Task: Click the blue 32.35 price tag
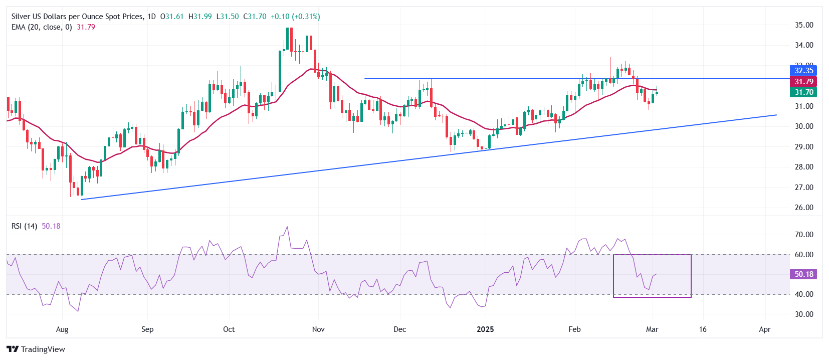[x=803, y=71]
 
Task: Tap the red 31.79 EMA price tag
[x=803, y=82]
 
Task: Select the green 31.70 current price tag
[x=803, y=92]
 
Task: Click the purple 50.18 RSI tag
[x=803, y=274]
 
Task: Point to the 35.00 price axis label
[x=804, y=25]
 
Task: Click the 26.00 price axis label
[x=804, y=208]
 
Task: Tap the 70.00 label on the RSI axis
[x=804, y=235]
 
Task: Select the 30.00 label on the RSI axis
[x=804, y=314]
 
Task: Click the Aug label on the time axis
[x=62, y=329]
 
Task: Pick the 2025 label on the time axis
[x=485, y=329]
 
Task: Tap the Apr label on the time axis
[x=765, y=329]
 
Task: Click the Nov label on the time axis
[x=318, y=329]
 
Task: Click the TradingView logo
[x=36, y=349]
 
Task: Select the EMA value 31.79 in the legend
[x=86, y=27]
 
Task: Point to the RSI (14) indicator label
[x=24, y=226]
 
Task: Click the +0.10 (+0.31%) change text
[x=295, y=17]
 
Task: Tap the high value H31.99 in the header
[x=200, y=17]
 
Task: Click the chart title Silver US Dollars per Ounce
[x=77, y=17]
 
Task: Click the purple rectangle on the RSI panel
[x=652, y=297]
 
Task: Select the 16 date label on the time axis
[x=703, y=329]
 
